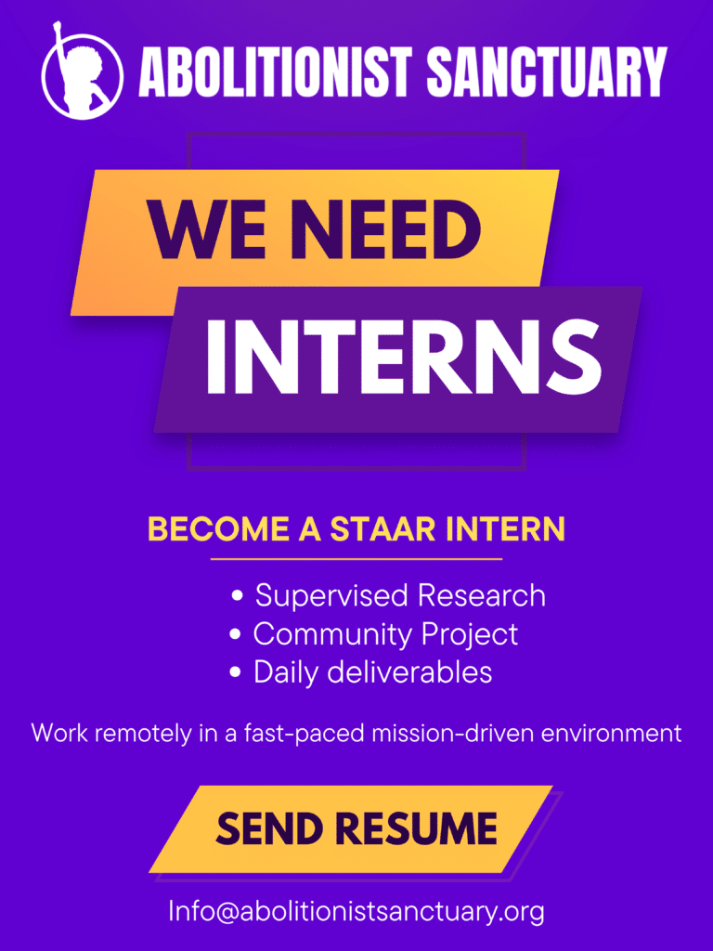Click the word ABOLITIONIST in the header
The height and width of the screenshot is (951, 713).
276,72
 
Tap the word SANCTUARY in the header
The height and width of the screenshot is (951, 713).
547,72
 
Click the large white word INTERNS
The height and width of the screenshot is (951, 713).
404,357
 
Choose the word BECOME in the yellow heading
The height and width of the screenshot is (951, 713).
219,528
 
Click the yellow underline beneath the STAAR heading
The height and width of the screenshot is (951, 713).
356,558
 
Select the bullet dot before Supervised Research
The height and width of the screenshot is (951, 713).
238,595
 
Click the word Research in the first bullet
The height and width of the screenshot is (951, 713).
482,595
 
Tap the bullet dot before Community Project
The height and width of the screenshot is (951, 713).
236,634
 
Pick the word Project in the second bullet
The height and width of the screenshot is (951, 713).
470,635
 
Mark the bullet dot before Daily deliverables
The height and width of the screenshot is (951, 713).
236,672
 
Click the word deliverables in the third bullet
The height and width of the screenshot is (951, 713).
409,671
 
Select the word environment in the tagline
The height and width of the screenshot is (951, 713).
611,734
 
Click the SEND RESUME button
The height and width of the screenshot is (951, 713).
356,829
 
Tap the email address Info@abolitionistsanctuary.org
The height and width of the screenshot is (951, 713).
356,911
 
